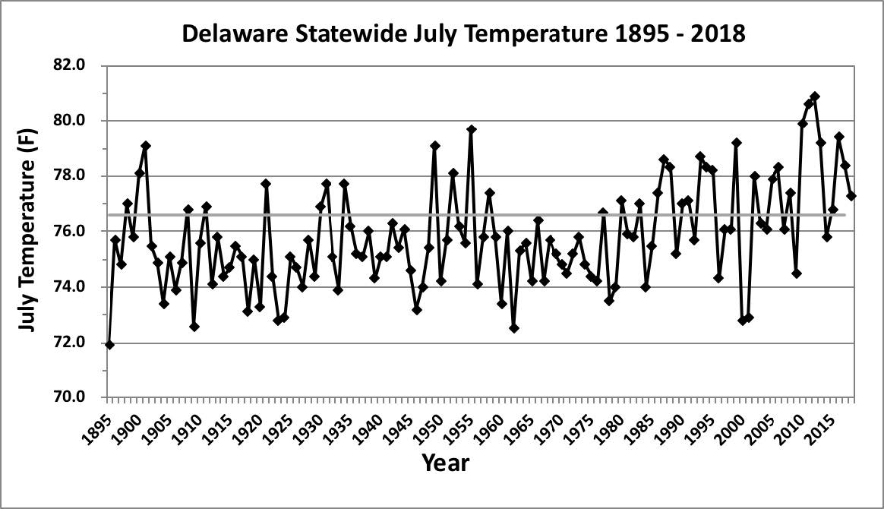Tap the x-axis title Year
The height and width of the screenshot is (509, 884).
click(445, 461)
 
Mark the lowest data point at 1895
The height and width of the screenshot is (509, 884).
click(109, 345)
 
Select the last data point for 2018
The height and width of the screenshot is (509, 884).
click(851, 196)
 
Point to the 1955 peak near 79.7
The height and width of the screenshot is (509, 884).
click(472, 130)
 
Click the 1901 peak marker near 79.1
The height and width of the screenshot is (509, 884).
click(146, 146)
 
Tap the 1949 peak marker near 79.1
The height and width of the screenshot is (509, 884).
click(435, 146)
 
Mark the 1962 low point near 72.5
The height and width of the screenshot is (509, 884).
click(514, 328)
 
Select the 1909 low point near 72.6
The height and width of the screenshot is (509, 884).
click(194, 327)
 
